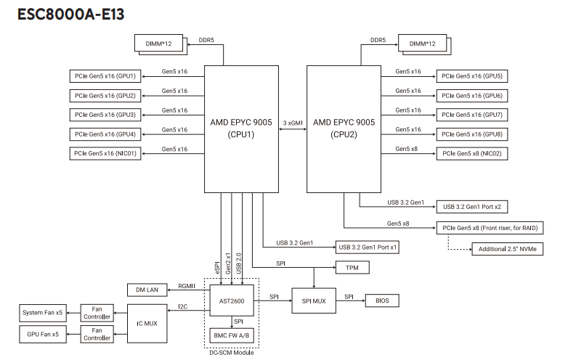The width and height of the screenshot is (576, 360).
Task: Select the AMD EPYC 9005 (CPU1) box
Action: (x=241, y=128)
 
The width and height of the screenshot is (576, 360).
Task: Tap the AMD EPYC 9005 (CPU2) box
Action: (x=344, y=128)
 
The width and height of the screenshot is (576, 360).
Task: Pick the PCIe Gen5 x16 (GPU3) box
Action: (x=105, y=115)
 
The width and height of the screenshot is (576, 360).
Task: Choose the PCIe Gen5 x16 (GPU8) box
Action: (x=473, y=134)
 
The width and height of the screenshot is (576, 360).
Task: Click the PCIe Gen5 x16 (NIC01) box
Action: (x=105, y=153)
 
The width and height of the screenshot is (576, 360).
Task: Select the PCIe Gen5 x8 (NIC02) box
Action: (x=473, y=153)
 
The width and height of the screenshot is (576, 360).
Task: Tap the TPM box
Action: (x=352, y=268)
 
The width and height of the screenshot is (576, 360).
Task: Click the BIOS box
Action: (x=381, y=300)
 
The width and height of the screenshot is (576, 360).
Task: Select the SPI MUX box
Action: (x=313, y=300)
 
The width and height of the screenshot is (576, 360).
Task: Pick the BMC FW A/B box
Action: (x=231, y=334)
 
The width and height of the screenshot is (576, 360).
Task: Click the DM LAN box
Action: (x=147, y=289)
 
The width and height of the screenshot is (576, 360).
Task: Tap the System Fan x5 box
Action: (x=42, y=313)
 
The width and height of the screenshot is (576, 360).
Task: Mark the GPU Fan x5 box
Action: (x=42, y=334)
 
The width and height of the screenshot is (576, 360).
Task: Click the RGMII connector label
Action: (x=187, y=286)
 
